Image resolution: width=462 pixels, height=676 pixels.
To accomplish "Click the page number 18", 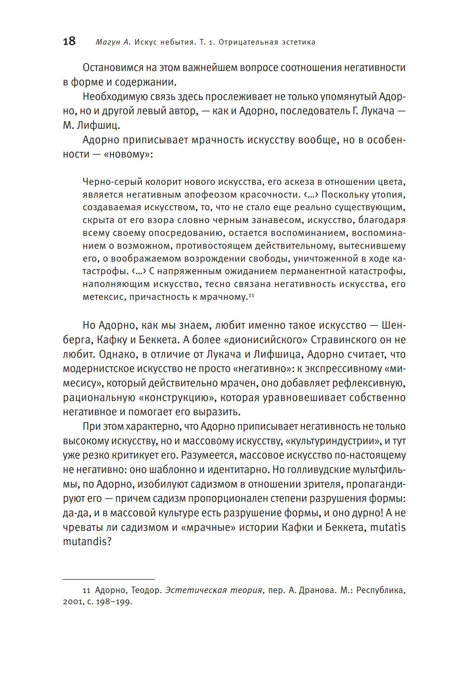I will coord(69,41).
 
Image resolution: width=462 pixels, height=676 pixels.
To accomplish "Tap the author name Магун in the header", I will coord(108,42).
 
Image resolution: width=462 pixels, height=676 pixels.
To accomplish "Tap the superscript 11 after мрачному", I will coord(251,295).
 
